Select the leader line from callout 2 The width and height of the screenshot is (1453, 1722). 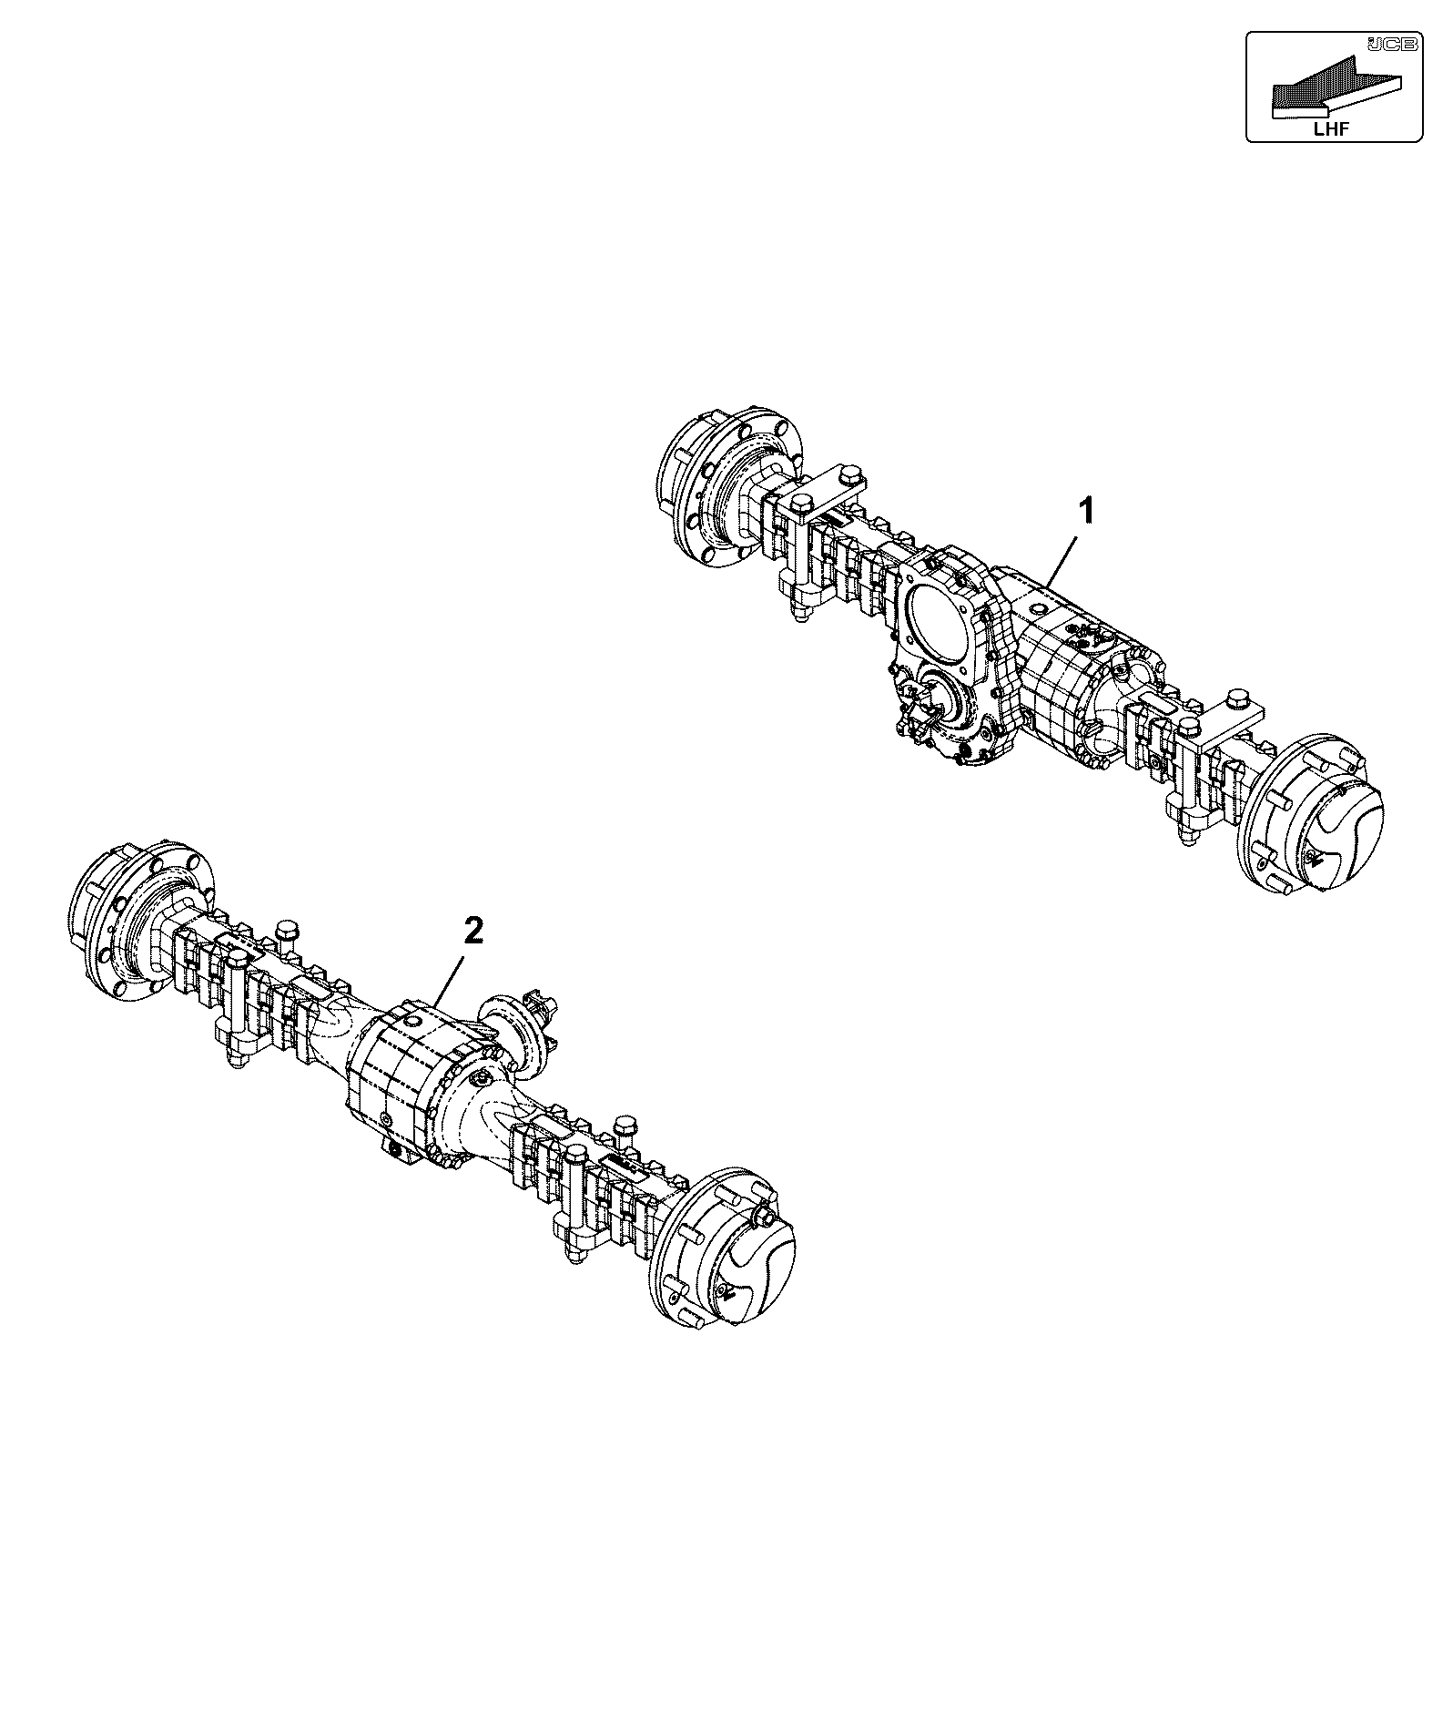point(453,977)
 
